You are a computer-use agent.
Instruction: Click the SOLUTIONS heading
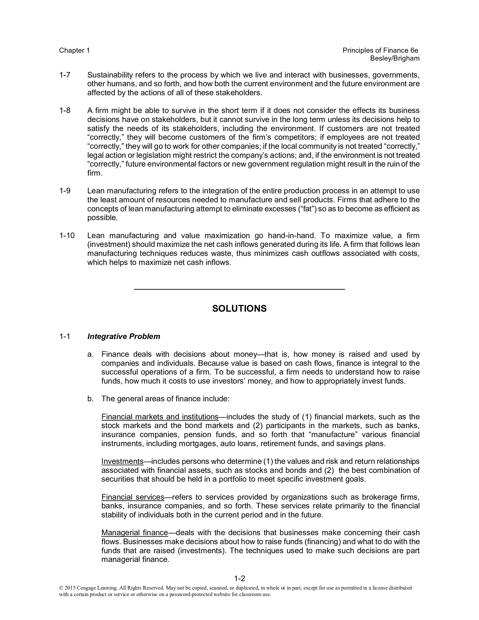click(239, 309)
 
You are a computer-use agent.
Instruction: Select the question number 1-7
click(65, 75)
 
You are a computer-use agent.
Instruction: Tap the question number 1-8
click(65, 110)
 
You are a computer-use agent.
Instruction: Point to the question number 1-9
click(65, 191)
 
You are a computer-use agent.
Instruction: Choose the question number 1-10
click(67, 236)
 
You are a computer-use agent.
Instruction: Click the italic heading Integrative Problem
click(124, 336)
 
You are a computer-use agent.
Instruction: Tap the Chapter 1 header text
click(74, 50)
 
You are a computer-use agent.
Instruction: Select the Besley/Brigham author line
click(395, 59)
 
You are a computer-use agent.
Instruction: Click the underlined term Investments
click(122, 461)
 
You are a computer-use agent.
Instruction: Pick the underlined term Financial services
click(133, 497)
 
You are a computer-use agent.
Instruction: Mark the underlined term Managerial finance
click(134, 533)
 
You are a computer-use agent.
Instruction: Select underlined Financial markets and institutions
click(160, 417)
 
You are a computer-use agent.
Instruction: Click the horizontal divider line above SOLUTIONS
click(239, 289)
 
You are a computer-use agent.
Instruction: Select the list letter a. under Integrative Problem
click(90, 354)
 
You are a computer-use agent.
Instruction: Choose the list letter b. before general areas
click(90, 399)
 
